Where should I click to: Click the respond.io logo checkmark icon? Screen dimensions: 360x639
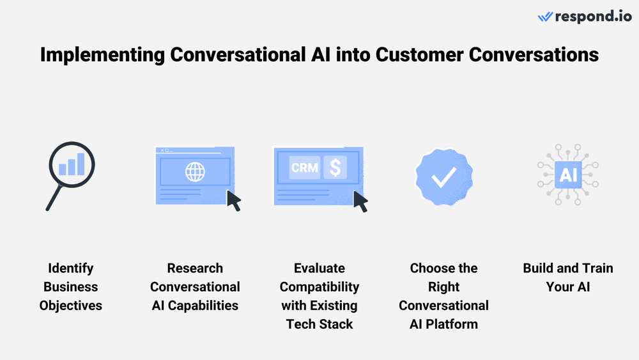(x=545, y=17)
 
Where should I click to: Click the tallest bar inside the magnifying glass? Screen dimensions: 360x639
(x=81, y=163)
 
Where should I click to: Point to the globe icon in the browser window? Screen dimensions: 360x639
(x=194, y=171)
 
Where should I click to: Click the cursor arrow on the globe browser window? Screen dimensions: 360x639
(x=234, y=200)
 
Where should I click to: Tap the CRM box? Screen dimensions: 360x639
(x=304, y=168)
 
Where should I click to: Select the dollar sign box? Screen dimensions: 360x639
(x=335, y=168)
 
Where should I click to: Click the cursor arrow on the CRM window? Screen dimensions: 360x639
(x=361, y=201)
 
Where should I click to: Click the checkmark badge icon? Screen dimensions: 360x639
(x=443, y=177)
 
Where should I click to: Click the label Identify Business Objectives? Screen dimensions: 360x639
(x=70, y=286)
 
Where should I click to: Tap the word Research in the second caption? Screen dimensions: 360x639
(x=195, y=268)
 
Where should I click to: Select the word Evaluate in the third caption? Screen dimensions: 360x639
(x=319, y=268)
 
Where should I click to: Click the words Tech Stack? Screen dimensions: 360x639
(x=319, y=324)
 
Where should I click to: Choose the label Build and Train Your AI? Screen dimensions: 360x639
(x=567, y=277)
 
